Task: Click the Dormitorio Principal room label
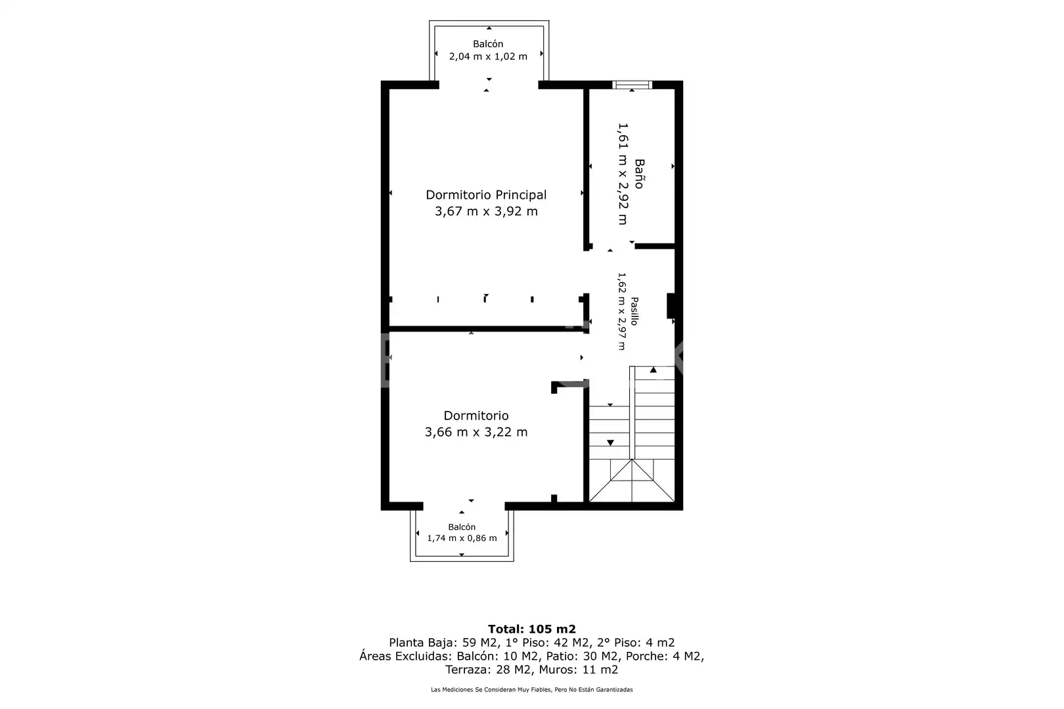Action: (486, 195)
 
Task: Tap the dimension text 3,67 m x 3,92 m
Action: (486, 211)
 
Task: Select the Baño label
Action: (639, 174)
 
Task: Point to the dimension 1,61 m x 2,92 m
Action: (623, 174)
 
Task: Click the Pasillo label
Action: (634, 311)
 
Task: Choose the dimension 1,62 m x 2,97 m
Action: (621, 311)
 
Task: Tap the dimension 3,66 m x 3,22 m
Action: (476, 432)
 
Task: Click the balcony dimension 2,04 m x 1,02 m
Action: (488, 56)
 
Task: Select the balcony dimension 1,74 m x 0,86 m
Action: (462, 538)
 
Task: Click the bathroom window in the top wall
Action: (632, 85)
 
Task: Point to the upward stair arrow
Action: (653, 370)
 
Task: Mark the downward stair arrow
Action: (610, 442)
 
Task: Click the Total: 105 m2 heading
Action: (531, 629)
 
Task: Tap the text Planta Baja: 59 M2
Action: (443, 643)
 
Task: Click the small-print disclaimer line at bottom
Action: (531, 689)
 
